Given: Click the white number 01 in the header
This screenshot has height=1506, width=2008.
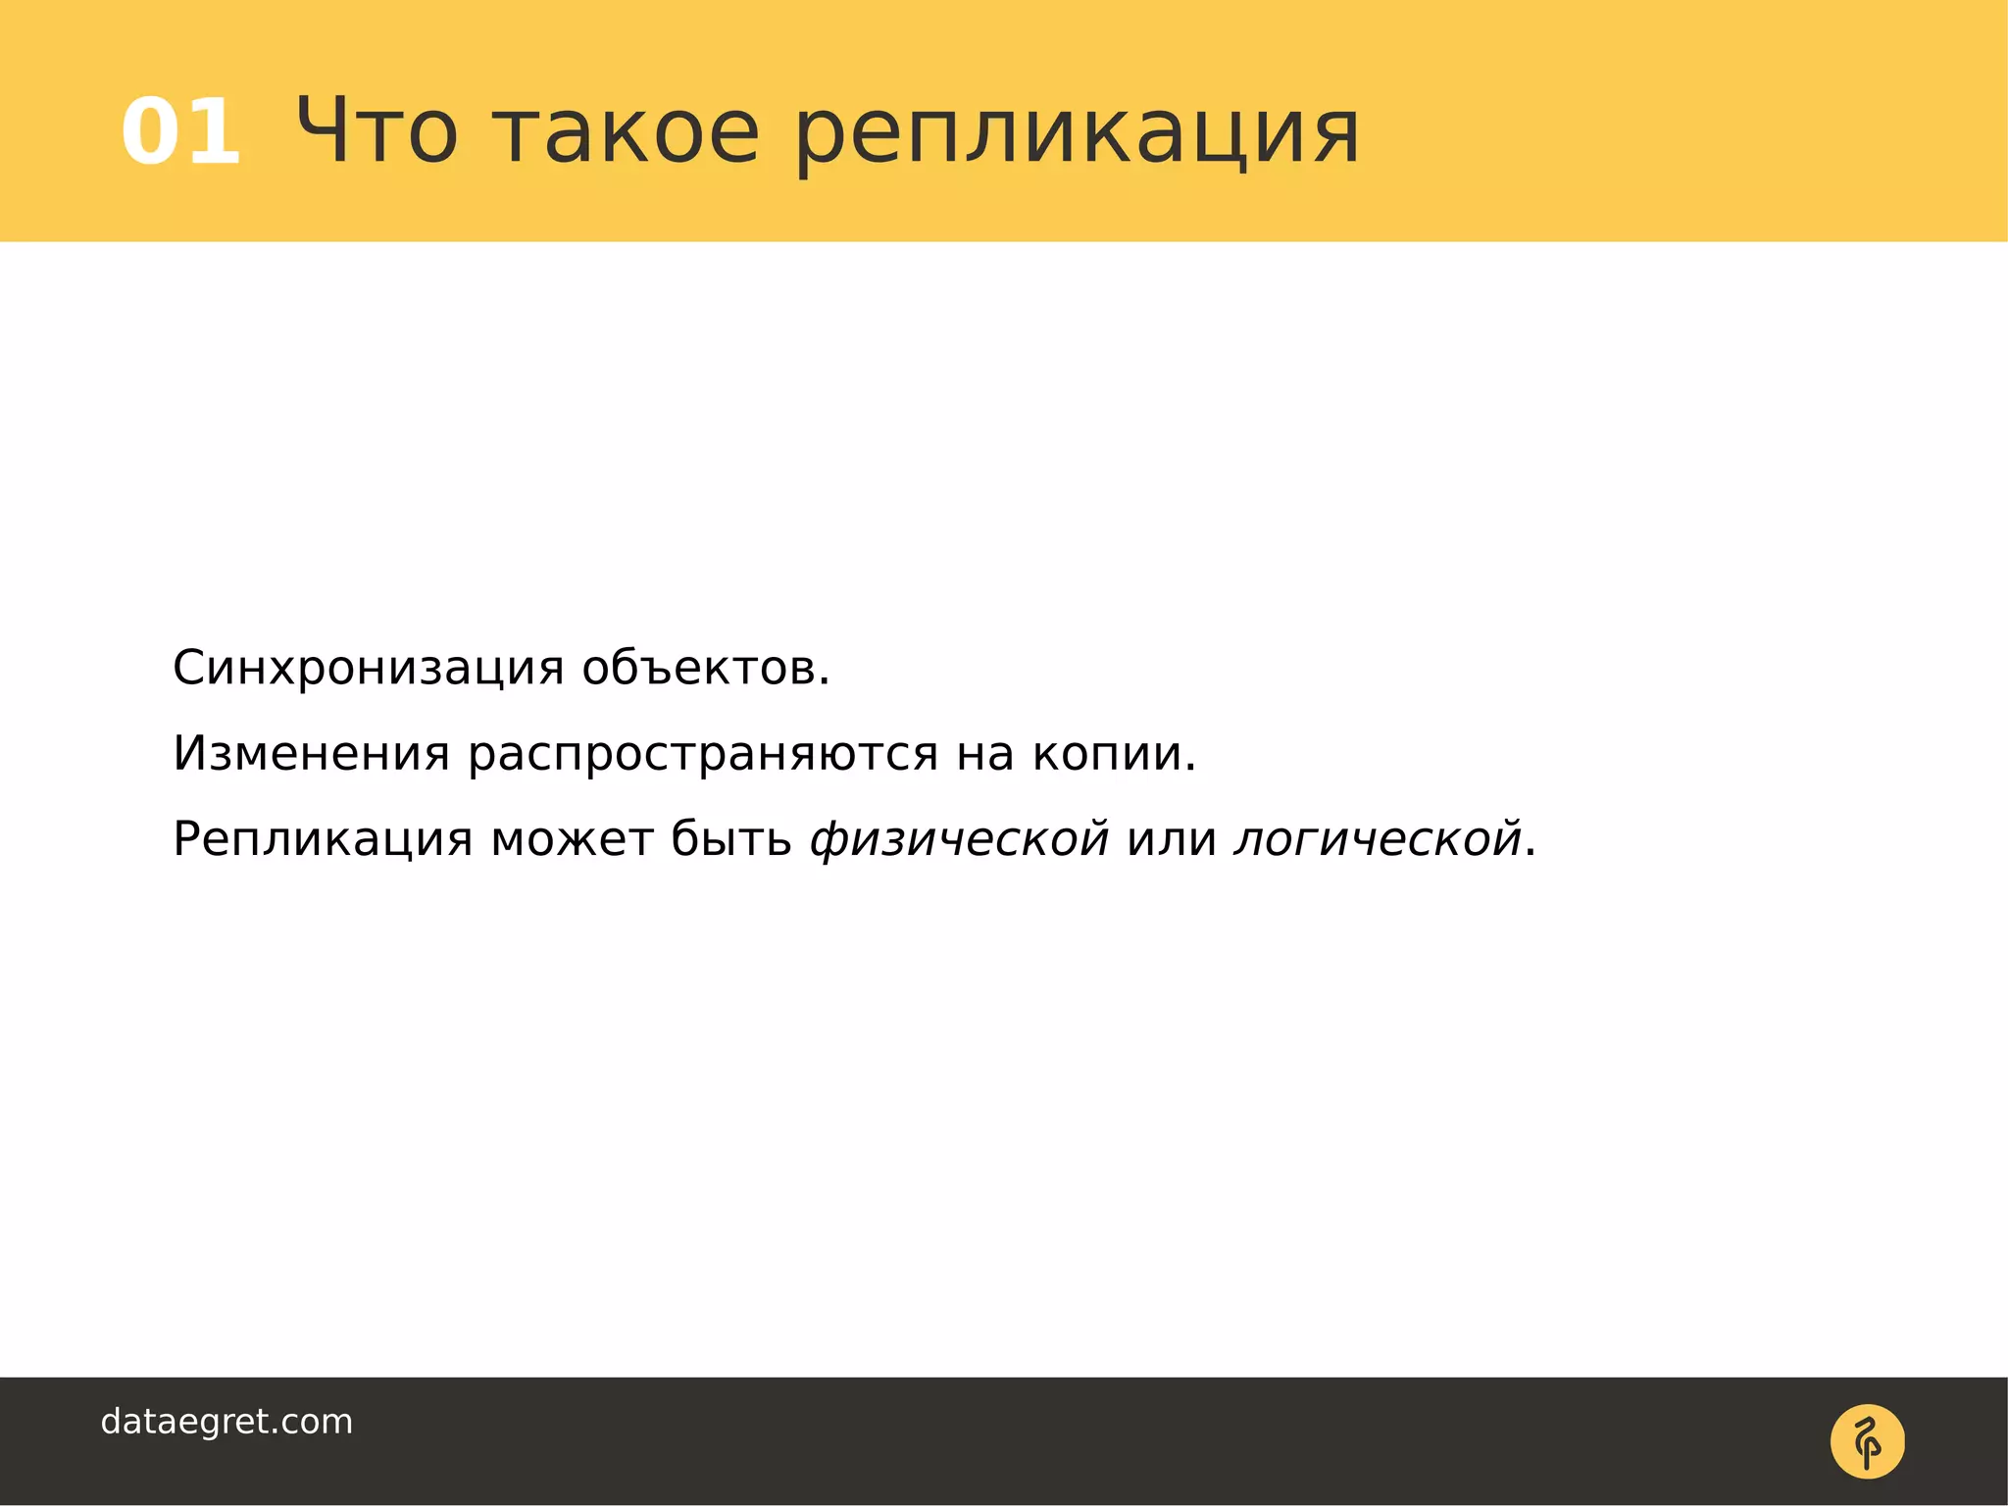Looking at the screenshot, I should click(x=181, y=132).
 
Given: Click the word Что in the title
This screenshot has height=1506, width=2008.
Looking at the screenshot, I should click(x=376, y=132).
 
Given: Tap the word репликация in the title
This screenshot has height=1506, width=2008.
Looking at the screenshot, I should click(x=1077, y=137).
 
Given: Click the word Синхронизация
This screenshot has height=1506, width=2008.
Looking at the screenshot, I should click(x=368, y=669).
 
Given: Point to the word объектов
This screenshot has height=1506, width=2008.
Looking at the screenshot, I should click(x=698, y=669).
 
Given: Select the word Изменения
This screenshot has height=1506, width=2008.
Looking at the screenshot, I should click(x=311, y=754).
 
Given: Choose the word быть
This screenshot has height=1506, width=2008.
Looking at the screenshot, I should click(x=730, y=839).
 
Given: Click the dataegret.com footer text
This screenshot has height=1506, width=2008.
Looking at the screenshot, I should click(x=226, y=1422).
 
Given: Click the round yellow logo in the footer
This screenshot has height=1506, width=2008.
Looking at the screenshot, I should click(x=1867, y=1441).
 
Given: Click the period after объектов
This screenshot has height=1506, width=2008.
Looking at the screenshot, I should click(x=825, y=682).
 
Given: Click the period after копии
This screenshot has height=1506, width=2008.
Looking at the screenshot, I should click(x=1190, y=768).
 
